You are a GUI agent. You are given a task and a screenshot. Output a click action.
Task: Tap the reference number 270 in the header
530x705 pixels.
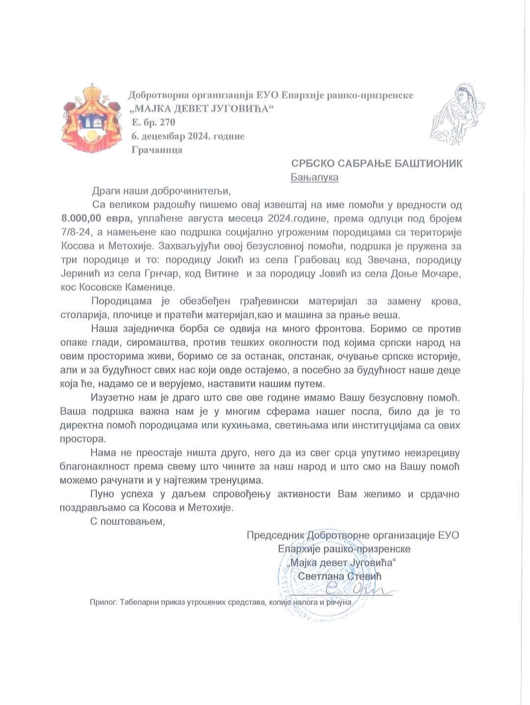[167, 122]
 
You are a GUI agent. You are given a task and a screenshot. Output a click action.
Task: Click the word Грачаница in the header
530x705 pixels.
[157, 150]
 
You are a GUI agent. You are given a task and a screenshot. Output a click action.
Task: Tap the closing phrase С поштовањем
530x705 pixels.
[128, 521]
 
